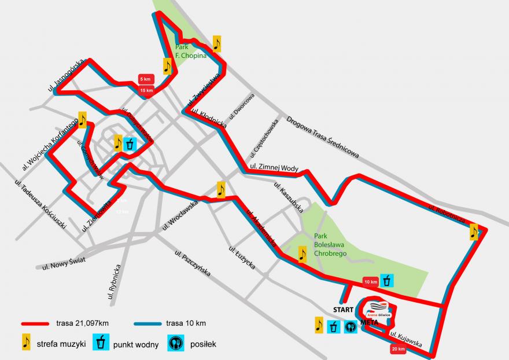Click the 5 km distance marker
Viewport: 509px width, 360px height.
click(x=145, y=79)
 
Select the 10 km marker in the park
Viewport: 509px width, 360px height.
click(x=370, y=281)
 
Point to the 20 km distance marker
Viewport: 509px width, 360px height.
click(x=397, y=349)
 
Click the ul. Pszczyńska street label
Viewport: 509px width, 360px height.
click(x=191, y=263)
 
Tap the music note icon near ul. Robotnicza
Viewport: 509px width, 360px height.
click(x=474, y=232)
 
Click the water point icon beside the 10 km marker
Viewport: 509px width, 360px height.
click(x=387, y=281)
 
